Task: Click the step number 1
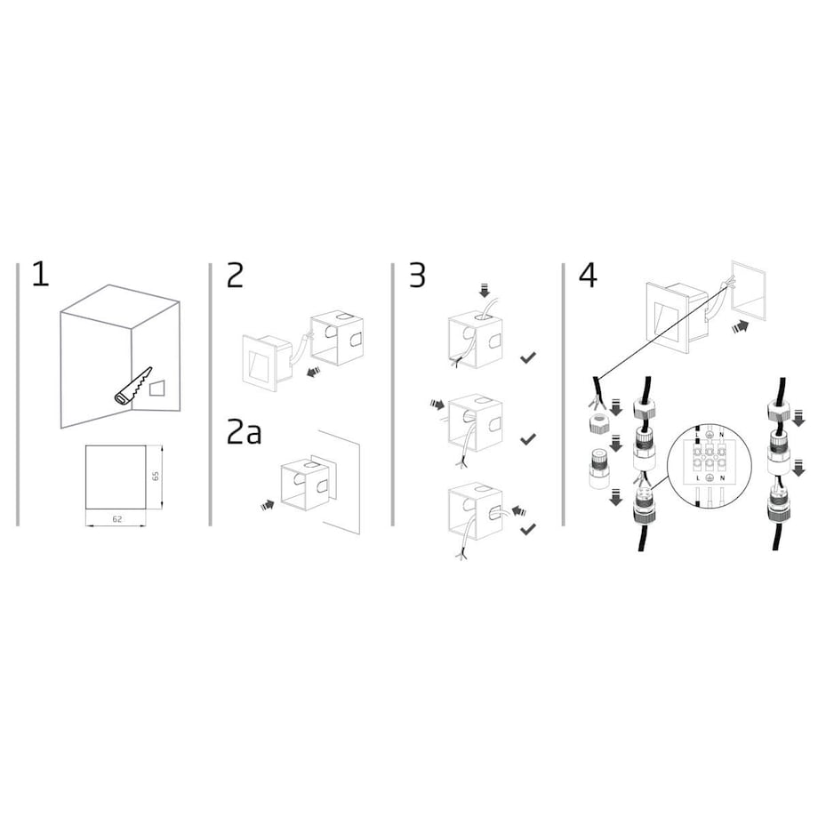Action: tap(41, 275)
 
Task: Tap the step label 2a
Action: tap(244, 432)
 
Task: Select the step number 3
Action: tap(417, 275)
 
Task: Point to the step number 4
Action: tap(588, 275)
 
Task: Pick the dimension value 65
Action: tap(156, 477)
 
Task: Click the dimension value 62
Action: tap(116, 519)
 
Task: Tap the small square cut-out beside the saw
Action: tap(156, 389)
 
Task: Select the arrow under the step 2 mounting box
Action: tap(313, 372)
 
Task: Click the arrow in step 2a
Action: tap(267, 505)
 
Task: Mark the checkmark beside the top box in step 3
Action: tap(528, 357)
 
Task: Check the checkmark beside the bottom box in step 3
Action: tap(528, 530)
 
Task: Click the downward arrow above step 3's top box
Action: tap(485, 290)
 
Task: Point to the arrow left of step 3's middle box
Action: tap(437, 404)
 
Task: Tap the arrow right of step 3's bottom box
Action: tap(519, 510)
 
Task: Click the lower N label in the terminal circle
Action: tap(722, 477)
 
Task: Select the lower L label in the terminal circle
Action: tap(698, 477)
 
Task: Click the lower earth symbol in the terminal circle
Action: tap(710, 477)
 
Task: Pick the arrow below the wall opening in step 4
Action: tap(741, 326)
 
